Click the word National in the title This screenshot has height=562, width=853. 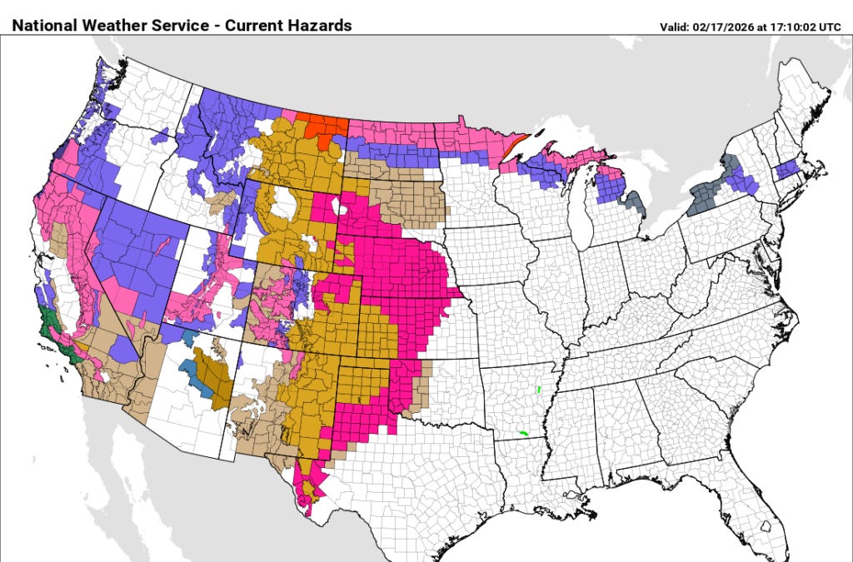point(43,25)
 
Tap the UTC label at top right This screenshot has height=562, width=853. point(830,27)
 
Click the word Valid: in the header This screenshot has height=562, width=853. point(676,27)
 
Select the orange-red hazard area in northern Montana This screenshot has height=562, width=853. point(324,127)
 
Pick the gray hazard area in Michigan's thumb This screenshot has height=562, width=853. point(636,202)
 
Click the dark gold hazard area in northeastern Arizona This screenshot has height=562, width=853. point(212,375)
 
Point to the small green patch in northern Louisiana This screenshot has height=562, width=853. point(522,433)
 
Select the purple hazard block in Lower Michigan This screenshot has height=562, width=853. point(611,188)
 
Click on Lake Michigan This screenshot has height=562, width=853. point(582,216)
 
